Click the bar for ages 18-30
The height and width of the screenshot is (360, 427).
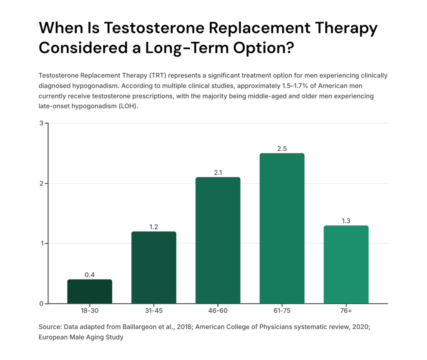coord(90,292)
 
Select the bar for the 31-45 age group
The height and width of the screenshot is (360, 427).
coord(154,267)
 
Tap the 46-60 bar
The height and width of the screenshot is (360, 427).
coord(218,240)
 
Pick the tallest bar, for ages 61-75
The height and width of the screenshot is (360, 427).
coord(282,228)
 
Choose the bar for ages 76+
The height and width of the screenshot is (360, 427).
coord(346,264)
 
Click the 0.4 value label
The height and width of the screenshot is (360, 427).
coord(90,275)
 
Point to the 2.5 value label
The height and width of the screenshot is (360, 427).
coord(282,149)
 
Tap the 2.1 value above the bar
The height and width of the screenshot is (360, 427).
coord(218,173)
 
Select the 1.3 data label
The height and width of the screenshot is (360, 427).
coord(346,221)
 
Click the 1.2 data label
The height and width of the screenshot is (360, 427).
coord(154,227)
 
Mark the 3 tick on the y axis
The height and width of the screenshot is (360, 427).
coord(41,123)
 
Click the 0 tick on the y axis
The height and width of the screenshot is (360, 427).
coord(41,304)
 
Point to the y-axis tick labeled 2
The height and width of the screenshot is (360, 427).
coord(41,184)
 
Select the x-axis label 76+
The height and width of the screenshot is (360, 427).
coord(346,311)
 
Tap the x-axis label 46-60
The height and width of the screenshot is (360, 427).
coord(218,311)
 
